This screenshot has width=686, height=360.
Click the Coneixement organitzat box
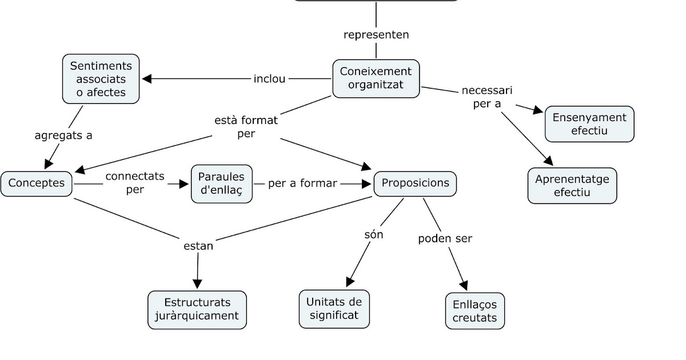[376, 78]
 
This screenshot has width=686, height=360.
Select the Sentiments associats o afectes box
[101, 79]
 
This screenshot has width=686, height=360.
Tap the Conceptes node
[37, 183]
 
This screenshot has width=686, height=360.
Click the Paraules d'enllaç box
[222, 183]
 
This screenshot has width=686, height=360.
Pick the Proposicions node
[415, 183]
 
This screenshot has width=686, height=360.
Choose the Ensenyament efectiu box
[589, 124]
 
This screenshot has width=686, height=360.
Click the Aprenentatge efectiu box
[572, 186]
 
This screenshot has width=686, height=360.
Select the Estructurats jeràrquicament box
[197, 309]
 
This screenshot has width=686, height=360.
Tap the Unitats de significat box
[334, 309]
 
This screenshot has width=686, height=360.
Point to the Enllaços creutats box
[474, 311]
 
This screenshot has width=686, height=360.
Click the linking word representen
[376, 35]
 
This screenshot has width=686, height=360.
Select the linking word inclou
[269, 79]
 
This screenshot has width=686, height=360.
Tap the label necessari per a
[487, 97]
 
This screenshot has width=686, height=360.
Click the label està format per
[246, 127]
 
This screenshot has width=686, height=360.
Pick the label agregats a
[63, 136]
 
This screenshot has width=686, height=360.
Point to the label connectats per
[135, 183]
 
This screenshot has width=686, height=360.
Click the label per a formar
[302, 183]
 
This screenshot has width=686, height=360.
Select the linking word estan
[198, 246]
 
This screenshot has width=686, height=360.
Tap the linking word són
[373, 235]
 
